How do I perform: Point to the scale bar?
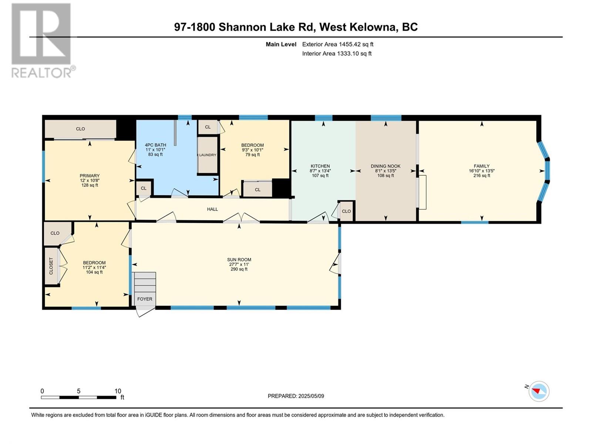[79, 397]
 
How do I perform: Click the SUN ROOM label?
[239, 260]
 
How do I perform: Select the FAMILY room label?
[481, 166]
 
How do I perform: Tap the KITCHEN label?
[320, 166]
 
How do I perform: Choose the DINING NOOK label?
[386, 166]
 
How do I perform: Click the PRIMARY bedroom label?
[90, 176]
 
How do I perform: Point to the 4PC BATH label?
[155, 145]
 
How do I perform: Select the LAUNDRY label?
[208, 155]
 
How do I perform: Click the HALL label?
[212, 209]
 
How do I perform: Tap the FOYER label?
[145, 299]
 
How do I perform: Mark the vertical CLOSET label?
[51, 266]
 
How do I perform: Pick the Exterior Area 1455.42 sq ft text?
[338, 44]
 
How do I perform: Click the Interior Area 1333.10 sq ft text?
[337, 54]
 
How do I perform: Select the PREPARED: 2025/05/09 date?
[296, 396]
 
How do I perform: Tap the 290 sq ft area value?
[239, 269]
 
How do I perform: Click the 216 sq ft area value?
[482, 175]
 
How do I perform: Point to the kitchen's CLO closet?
[346, 211]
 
